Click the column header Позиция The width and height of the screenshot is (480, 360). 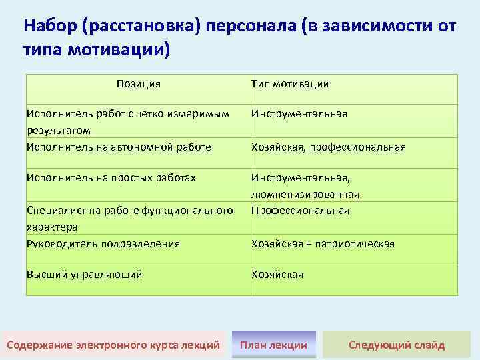pyautogui.click(x=138, y=84)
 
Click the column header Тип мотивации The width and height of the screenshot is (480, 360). pyautogui.click(x=289, y=84)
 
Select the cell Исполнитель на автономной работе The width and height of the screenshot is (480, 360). pyautogui.click(x=118, y=147)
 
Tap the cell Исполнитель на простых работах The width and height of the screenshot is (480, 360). pyautogui.click(x=111, y=178)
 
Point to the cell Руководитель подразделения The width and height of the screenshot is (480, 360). pyautogui.click(x=103, y=244)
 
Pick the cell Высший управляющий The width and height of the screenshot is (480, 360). pyautogui.click(x=84, y=274)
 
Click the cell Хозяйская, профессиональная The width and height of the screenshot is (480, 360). pyautogui.click(x=328, y=147)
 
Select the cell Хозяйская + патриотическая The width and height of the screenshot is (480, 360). pyautogui.click(x=323, y=244)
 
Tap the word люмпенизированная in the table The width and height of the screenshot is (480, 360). pyautogui.click(x=305, y=195)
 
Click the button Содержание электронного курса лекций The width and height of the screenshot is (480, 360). pyautogui.click(x=113, y=345)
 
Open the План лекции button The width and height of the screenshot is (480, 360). pyautogui.click(x=273, y=345)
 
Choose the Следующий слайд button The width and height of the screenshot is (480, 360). pyautogui.click(x=397, y=345)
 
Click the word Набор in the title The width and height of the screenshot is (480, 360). pyautogui.click(x=49, y=27)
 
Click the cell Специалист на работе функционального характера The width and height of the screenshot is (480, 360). pyautogui.click(x=129, y=218)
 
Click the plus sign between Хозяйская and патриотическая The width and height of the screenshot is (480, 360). pyautogui.click(x=309, y=244)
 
